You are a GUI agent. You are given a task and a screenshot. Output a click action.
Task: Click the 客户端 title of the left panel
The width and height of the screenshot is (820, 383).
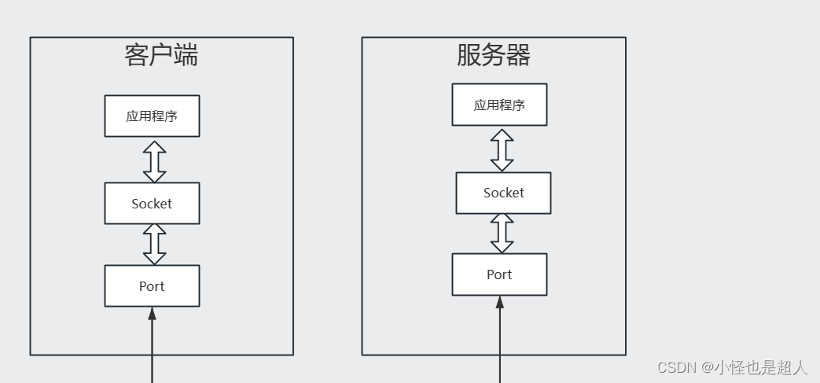coord(162,55)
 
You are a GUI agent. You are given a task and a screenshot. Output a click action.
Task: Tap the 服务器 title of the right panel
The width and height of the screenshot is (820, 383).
coord(494,55)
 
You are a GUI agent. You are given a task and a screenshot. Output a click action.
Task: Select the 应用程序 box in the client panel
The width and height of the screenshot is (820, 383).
coord(153,116)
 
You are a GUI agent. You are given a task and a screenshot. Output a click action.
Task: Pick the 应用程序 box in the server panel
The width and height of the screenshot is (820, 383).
coord(499,105)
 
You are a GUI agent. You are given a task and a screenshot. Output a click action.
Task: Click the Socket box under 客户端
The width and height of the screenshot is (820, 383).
coord(153,204)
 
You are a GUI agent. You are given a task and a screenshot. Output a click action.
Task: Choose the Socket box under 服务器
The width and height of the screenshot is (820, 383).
coord(504,193)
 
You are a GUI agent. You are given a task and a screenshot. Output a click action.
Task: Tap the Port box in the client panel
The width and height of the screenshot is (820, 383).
coord(153,285)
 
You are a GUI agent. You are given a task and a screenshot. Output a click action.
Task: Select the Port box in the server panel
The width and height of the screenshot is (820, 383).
coord(499,274)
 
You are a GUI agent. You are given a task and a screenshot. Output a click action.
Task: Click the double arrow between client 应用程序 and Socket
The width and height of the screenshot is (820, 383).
coord(155,162)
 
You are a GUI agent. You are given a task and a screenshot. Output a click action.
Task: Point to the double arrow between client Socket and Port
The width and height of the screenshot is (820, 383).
coord(155,245)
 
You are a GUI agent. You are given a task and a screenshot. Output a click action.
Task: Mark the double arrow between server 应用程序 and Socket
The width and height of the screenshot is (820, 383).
coord(502,150)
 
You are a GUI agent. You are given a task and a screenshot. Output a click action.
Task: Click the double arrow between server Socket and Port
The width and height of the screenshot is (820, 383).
coord(502,234)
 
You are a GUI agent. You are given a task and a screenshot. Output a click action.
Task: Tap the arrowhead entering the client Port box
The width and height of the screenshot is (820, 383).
coord(153,313)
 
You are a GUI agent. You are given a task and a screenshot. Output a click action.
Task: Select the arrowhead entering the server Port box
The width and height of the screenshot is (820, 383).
coord(499,302)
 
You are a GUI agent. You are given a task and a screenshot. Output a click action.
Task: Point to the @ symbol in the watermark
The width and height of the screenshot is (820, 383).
coord(708,367)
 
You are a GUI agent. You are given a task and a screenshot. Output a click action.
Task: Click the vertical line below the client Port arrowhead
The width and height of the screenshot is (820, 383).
coord(153,351)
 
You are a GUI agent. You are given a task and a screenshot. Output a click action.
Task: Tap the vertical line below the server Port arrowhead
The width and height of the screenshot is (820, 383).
coord(499,345)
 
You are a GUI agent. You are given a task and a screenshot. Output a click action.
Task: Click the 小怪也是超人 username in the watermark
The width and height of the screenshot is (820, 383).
coord(761,367)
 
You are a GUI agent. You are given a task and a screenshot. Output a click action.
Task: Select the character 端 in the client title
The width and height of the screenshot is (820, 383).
coord(186,55)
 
